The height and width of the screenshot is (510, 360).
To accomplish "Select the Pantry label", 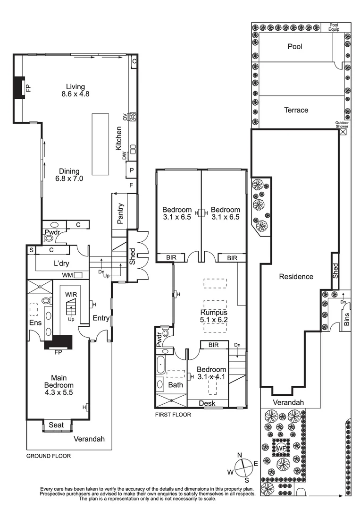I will tap(121, 213).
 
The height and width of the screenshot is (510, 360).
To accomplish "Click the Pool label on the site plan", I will tap(295, 47).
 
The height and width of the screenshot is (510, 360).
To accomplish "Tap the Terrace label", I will tap(296, 110).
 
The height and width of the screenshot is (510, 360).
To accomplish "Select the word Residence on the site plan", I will tap(296, 276).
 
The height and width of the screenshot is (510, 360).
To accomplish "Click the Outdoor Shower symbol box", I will tap(343, 132).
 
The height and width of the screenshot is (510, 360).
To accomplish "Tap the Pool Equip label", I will tap(334, 27).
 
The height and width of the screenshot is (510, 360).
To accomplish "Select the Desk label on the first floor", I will tap(207, 403).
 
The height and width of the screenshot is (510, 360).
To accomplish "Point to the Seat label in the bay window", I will tap(57, 425).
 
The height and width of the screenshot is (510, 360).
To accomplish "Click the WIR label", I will tap(71, 294).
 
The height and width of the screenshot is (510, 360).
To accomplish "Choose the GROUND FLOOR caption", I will tap(48, 456).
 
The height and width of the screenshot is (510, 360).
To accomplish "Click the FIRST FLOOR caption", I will tap(173, 415).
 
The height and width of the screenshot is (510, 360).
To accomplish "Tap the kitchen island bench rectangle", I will tap(100, 143).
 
